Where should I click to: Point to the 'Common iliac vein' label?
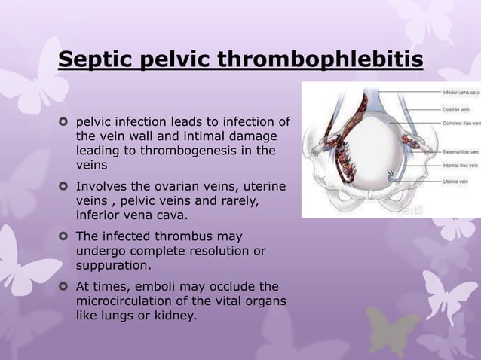pos(459,122)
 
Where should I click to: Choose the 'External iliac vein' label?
pos(459,152)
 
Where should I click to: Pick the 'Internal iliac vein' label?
pos(459,165)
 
